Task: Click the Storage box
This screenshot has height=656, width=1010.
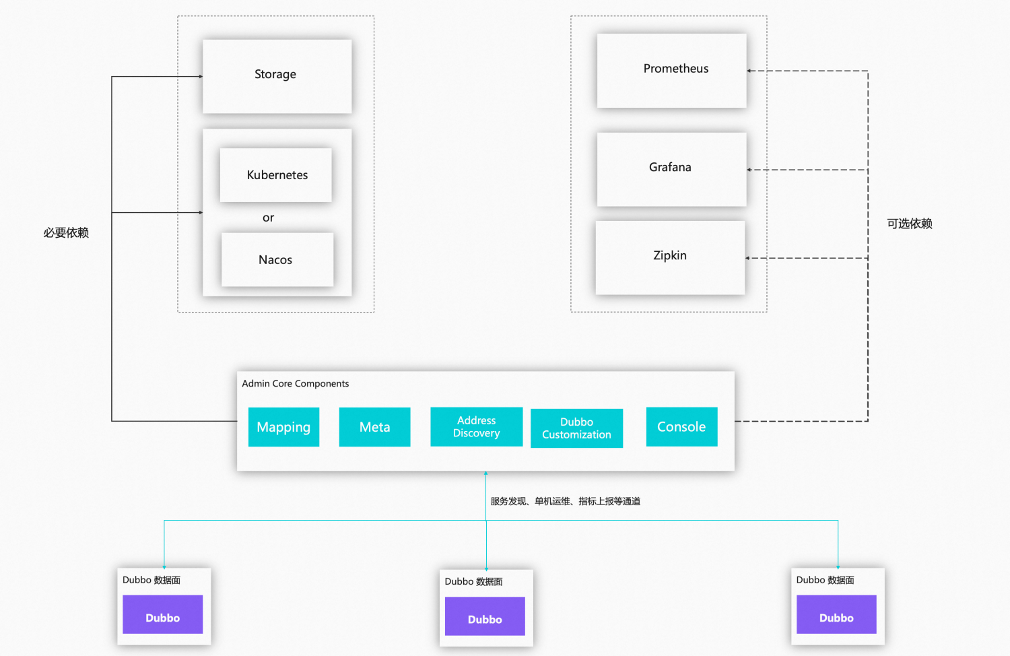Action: click(277, 76)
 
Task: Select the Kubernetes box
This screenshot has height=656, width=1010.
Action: click(276, 175)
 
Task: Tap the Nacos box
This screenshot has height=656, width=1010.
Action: click(277, 260)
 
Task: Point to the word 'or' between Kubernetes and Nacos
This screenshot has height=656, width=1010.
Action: click(268, 218)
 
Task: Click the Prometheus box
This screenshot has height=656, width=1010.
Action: click(671, 71)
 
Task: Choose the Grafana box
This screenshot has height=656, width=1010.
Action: click(671, 169)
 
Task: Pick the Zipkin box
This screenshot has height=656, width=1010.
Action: click(670, 257)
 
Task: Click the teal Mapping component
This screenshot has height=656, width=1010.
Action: click(283, 427)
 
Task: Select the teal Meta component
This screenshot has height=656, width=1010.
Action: click(374, 427)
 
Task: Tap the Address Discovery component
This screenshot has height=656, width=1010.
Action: click(476, 427)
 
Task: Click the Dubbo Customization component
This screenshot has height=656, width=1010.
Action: click(576, 428)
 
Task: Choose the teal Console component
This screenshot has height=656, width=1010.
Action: click(681, 426)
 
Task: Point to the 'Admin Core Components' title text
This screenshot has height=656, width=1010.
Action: click(296, 384)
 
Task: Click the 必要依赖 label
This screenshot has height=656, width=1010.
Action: click(66, 233)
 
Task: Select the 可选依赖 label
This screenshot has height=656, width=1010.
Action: click(909, 224)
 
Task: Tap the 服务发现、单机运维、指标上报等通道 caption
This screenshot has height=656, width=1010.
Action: click(565, 501)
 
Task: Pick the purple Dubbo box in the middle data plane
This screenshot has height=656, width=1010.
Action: click(485, 616)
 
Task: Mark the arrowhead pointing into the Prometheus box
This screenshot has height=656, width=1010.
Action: click(749, 71)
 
